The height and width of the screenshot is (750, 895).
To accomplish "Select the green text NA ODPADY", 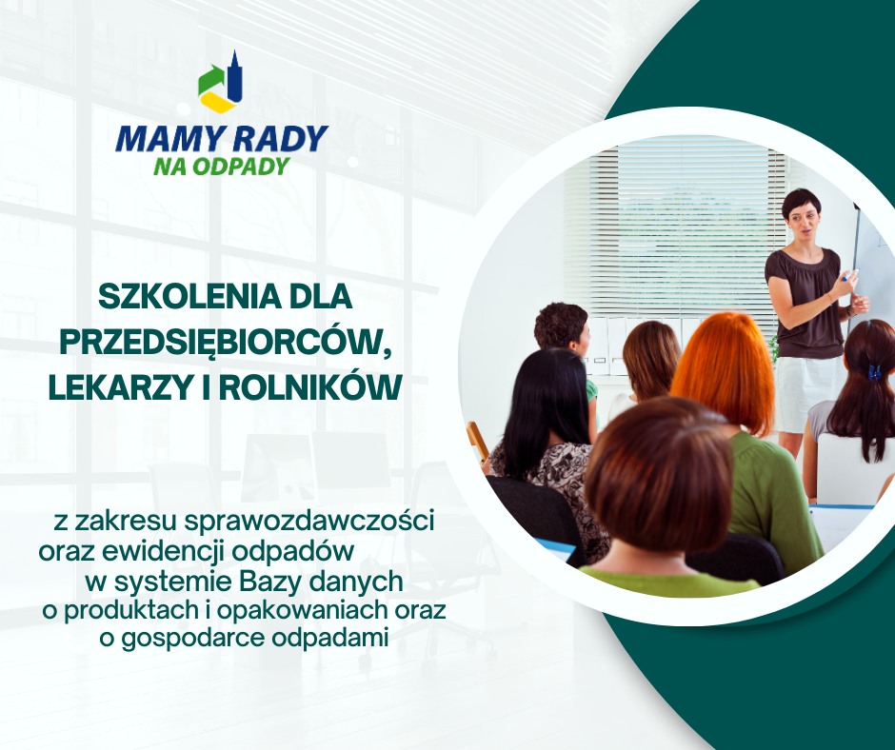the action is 222,167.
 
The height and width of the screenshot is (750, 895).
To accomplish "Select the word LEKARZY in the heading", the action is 117,387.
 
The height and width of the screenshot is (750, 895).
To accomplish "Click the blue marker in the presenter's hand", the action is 849,275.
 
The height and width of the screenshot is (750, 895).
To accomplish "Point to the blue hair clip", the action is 874,371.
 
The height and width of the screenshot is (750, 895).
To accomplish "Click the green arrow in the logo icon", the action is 210,78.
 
